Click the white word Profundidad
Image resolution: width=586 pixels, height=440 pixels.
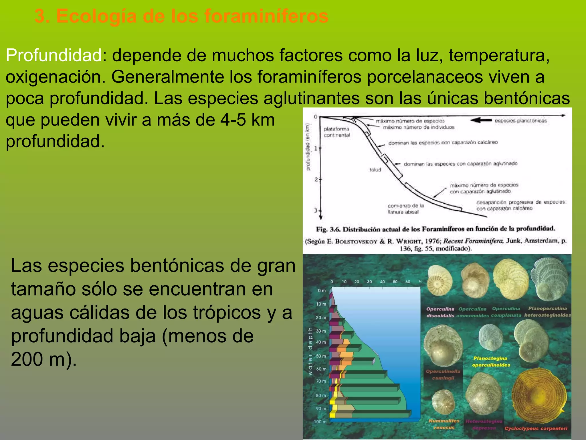[x=54, y=55]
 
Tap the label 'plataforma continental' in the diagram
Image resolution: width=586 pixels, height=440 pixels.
[x=337, y=132]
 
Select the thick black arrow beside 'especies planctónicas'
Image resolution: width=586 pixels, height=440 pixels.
[x=481, y=120]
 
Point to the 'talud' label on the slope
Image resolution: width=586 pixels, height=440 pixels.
[x=375, y=170]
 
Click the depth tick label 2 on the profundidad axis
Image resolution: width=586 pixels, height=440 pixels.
[x=316, y=180]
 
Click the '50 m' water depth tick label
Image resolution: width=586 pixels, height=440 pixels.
[x=321, y=356]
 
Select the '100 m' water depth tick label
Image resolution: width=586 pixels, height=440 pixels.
[x=320, y=422]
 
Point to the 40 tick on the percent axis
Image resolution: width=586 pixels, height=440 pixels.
[x=382, y=282]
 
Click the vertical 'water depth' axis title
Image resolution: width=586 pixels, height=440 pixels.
[x=310, y=351]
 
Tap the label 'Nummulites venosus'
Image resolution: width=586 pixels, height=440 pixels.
[x=444, y=424]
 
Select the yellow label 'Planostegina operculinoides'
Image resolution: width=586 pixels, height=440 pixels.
[x=491, y=362]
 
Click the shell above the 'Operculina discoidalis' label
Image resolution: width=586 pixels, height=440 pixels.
[x=440, y=280]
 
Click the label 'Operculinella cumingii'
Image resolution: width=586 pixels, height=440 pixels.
[x=443, y=375]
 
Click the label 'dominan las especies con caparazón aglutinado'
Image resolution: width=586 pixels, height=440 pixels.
[x=460, y=164]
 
